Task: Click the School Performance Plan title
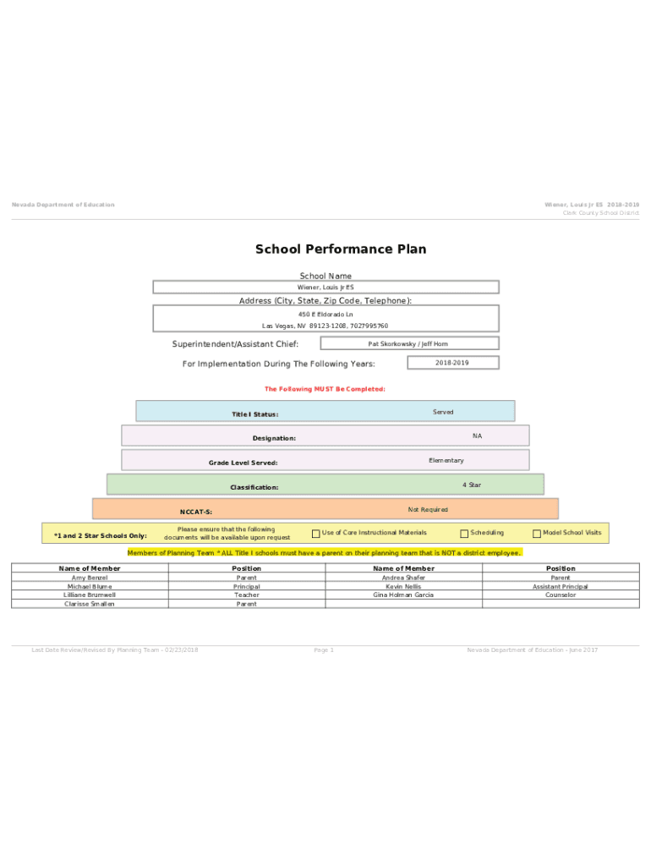point(341,249)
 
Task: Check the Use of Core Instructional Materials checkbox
point(316,534)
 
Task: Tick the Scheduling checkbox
point(464,534)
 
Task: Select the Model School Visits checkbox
point(536,534)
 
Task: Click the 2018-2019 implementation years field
point(452,363)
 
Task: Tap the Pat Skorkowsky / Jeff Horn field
point(408,344)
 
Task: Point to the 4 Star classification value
point(471,485)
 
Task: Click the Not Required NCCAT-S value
point(428,510)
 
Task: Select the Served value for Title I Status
point(443,413)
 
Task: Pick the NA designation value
point(477,436)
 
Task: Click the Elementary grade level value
point(446,461)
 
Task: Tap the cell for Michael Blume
point(90,586)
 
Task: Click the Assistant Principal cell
point(560,586)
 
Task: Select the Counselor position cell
point(560,595)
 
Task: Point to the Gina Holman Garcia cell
point(403,595)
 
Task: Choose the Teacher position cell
point(247,595)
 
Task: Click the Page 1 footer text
point(324,650)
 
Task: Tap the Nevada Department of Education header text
point(63,205)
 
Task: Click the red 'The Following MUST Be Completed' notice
point(325,389)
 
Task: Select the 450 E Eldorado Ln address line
point(325,315)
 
